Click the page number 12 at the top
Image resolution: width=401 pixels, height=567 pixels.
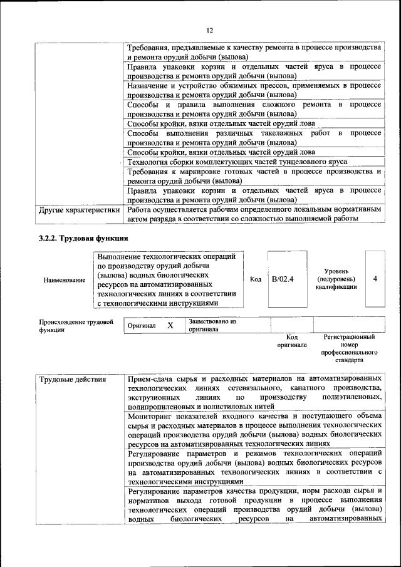click(210, 29)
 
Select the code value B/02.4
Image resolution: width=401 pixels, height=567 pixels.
click(283, 279)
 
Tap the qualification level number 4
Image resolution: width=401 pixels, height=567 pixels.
click(375, 279)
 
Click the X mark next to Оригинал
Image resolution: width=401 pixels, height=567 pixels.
click(170, 326)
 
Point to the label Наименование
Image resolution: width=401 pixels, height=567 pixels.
click(65, 280)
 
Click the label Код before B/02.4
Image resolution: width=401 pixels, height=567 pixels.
click(255, 279)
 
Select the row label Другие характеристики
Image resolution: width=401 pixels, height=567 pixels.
click(79, 210)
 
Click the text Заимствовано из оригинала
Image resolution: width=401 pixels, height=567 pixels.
click(212, 325)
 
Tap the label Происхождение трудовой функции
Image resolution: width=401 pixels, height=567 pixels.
click(76, 326)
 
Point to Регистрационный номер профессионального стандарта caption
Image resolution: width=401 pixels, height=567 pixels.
click(349, 349)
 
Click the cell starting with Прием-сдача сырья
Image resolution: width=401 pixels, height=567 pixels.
click(254, 393)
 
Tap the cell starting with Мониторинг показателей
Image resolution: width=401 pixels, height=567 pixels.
click(254, 429)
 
